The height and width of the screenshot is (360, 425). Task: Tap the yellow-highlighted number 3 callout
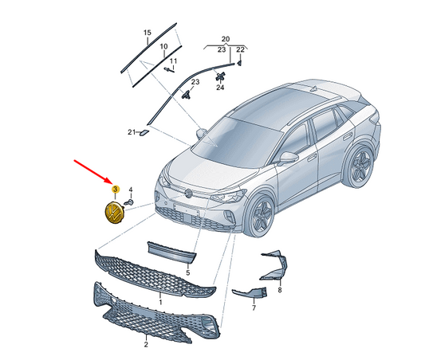[x=115, y=189]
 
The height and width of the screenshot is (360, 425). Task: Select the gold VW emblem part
[x=114, y=213]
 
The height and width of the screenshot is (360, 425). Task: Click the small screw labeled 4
[x=129, y=202]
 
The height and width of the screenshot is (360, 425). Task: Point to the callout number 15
[x=148, y=33]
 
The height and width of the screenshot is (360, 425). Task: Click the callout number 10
[x=163, y=46]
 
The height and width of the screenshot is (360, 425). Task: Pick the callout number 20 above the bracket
[x=226, y=39]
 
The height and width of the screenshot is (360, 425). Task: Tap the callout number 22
[x=240, y=49]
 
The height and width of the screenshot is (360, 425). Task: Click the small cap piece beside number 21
[x=144, y=133]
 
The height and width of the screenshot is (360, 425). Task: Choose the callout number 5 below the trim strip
[x=188, y=272]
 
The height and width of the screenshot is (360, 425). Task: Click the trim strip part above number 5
[x=171, y=252]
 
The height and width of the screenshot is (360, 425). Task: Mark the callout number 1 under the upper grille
[x=160, y=302]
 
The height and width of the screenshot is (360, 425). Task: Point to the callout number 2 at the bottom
[x=146, y=345]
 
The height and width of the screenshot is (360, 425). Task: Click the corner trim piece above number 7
[x=250, y=292]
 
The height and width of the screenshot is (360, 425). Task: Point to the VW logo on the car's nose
[x=188, y=193]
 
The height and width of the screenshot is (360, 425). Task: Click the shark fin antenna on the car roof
[x=314, y=88]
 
